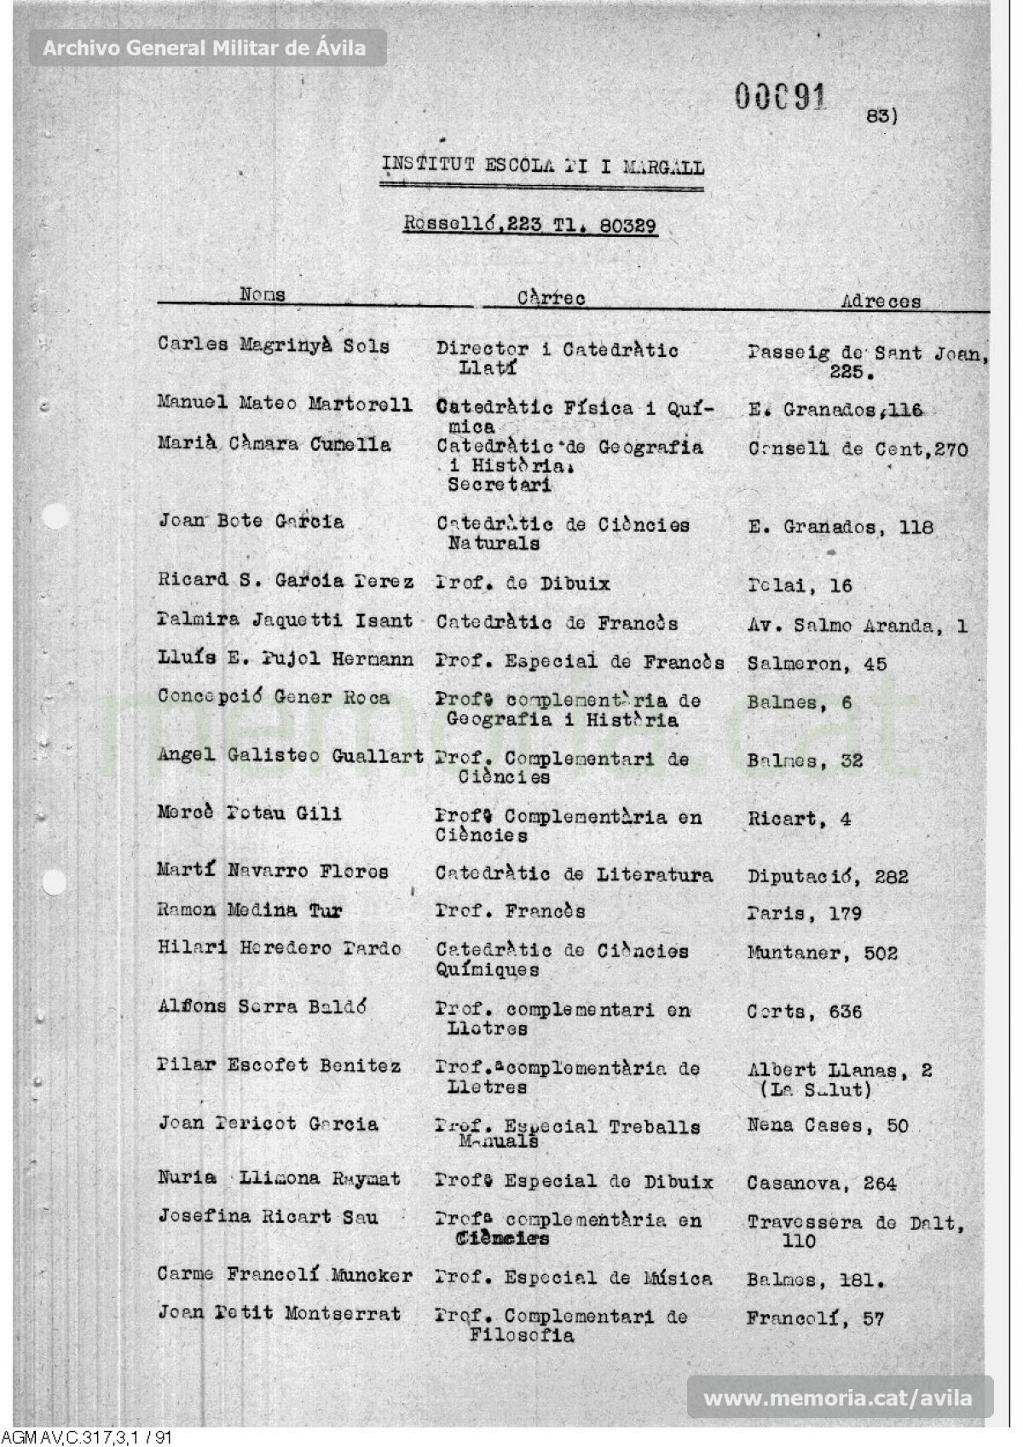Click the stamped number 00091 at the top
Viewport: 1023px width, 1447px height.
pos(780,97)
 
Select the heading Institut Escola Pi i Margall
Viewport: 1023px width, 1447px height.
pos(542,165)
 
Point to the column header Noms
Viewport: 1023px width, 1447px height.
pos(263,294)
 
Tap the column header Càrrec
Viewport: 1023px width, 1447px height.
pos(551,298)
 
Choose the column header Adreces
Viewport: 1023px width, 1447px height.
pos(881,301)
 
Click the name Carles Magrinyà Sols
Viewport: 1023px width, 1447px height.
pos(273,346)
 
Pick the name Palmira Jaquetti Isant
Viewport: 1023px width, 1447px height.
pos(285,620)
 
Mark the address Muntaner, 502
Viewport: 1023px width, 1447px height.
pos(822,953)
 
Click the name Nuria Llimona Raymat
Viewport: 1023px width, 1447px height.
pos(278,1179)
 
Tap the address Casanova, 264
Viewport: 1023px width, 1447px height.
pos(821,1183)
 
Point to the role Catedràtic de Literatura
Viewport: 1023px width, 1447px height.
pos(574,873)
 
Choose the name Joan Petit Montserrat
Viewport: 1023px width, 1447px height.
pos(279,1313)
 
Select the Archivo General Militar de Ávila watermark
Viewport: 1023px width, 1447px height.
pos(205,49)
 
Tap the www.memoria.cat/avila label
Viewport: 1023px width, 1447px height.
pos(837,1398)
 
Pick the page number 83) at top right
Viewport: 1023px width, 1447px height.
pos(881,115)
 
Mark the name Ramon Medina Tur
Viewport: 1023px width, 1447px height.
pos(249,910)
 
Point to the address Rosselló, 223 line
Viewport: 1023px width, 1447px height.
pos(529,226)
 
